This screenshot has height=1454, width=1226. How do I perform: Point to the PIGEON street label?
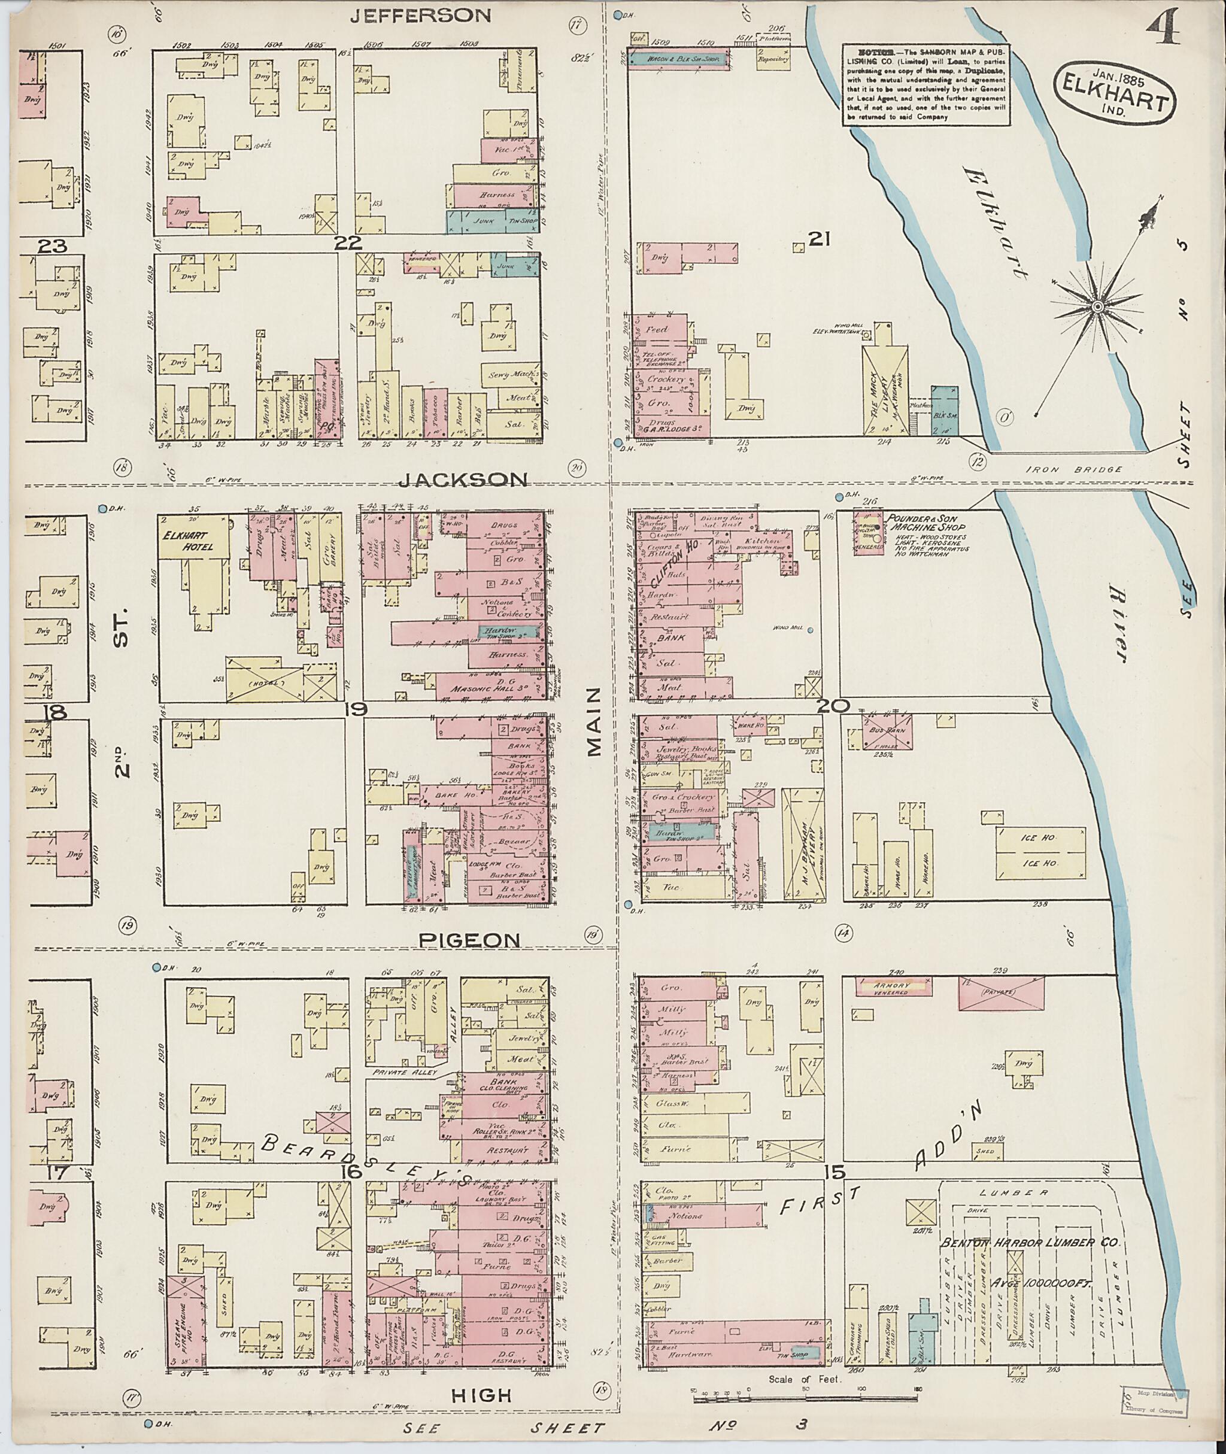470,940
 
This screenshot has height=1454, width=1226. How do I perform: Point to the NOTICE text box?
927,84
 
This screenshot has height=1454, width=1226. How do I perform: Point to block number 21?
820,240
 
